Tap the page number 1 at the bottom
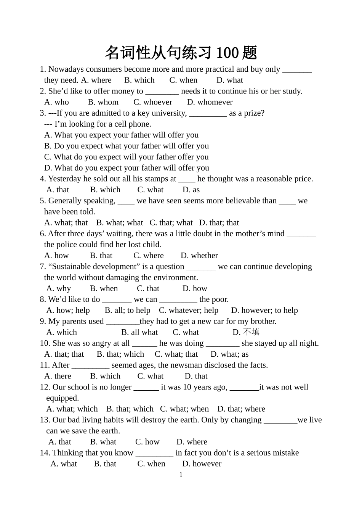181,475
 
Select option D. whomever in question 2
210,102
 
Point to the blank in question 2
162,92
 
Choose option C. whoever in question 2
153,102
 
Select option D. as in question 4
191,190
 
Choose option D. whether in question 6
199,256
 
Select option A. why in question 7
59,289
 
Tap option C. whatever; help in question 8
189,311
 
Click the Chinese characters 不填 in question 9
251,332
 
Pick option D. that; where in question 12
241,409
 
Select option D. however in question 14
202,464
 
